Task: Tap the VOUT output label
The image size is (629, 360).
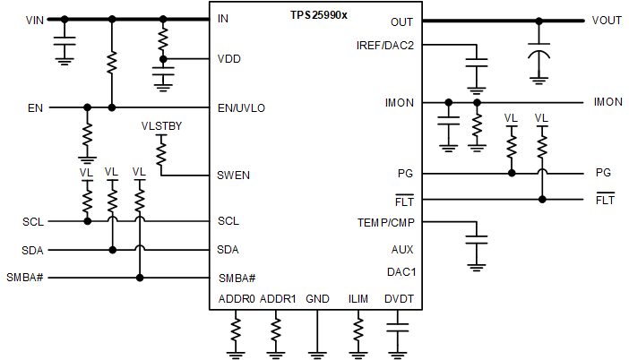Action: point(607,20)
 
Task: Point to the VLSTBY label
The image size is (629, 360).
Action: point(162,126)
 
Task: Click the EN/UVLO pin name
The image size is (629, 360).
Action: point(241,107)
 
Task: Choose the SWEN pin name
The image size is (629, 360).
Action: point(234,175)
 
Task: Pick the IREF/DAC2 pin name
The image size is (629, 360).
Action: point(385,45)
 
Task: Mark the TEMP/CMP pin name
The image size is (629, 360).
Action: point(386,221)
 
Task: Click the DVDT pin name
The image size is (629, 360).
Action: point(399,299)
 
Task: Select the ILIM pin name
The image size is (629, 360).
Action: point(359,299)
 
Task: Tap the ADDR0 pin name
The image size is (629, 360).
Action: point(237,299)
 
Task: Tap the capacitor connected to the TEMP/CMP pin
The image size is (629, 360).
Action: point(476,241)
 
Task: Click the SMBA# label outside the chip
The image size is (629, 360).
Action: point(25,278)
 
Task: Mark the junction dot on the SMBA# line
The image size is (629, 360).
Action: point(139,278)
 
